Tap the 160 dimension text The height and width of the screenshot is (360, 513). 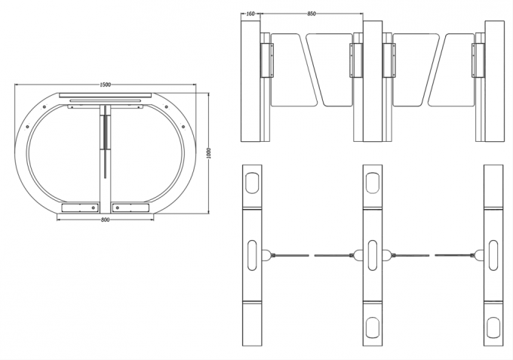click(249, 13)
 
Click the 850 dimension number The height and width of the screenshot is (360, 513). click(312, 13)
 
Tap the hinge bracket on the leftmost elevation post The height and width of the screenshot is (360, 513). click(265, 60)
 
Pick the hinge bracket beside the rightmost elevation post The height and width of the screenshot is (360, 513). click(475, 60)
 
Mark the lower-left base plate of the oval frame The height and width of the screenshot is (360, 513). click(79, 207)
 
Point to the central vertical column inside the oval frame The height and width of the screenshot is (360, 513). click(105, 151)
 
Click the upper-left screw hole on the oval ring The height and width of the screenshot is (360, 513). click(45, 111)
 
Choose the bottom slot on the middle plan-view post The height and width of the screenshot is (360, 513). click(373, 325)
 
